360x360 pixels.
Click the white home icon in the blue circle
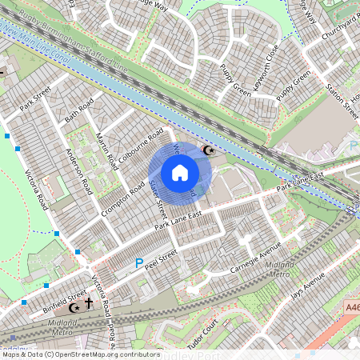pyautogui.click(x=180, y=172)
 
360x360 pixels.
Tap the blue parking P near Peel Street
pyautogui.click(x=138, y=262)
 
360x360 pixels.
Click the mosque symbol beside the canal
pyautogui.click(x=210, y=150)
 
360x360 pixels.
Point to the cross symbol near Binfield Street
pyautogui.click(x=89, y=304)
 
